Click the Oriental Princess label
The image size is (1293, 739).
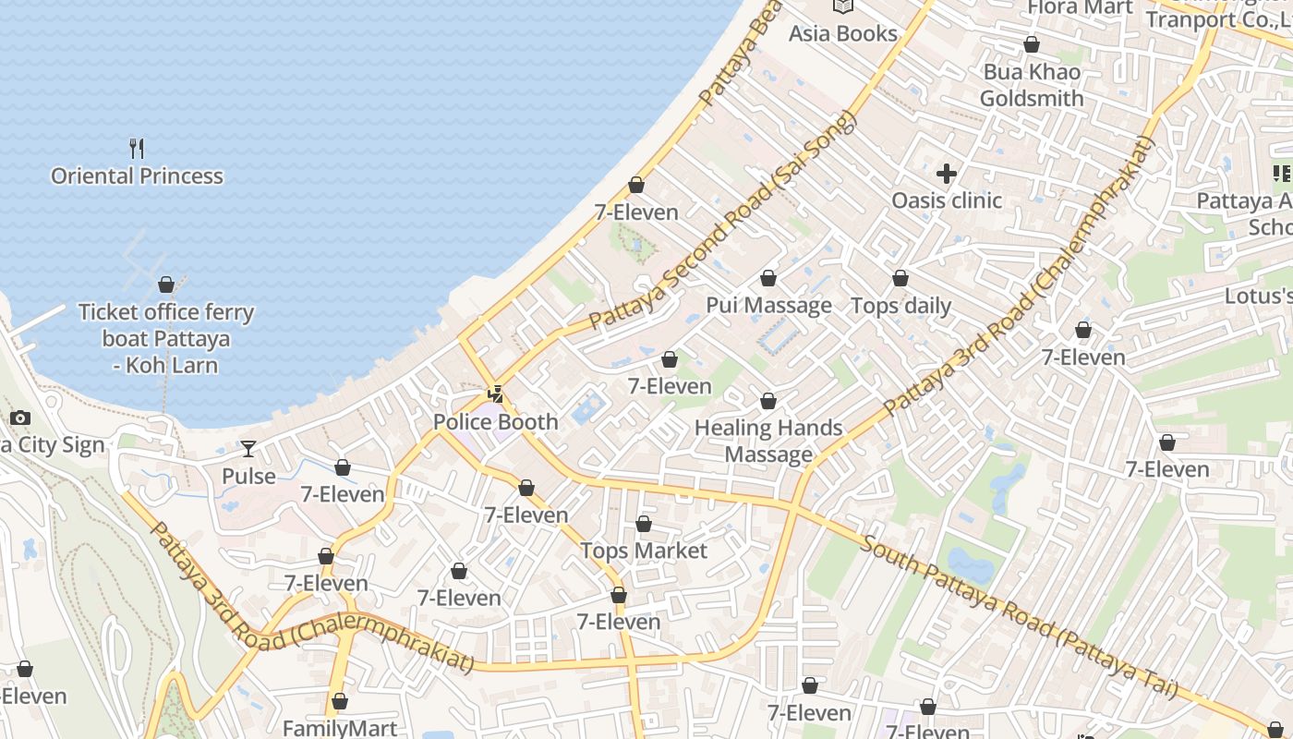(x=137, y=176)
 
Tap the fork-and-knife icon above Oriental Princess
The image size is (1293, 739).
(x=137, y=148)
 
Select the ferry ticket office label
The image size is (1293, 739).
(x=166, y=338)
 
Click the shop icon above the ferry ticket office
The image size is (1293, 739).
(x=166, y=285)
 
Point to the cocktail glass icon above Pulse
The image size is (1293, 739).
(x=248, y=449)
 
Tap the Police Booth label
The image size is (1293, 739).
(x=496, y=422)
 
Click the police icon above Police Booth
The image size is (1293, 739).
(x=496, y=394)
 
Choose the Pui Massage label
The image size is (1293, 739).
(x=768, y=305)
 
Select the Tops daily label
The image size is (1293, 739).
(x=900, y=306)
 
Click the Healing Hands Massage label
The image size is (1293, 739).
(x=768, y=441)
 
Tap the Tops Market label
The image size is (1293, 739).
(x=644, y=551)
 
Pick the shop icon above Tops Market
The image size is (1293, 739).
(x=644, y=524)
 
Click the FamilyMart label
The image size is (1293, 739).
(x=340, y=728)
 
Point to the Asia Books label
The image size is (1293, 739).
(x=842, y=33)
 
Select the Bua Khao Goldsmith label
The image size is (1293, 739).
(x=1032, y=85)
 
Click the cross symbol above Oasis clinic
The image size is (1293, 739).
(x=947, y=173)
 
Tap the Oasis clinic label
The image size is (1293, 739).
(x=947, y=200)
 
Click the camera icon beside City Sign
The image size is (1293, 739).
(x=20, y=418)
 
